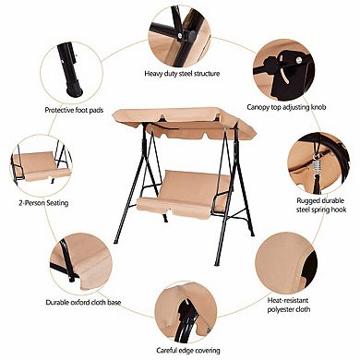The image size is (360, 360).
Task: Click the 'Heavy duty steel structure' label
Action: [182, 74]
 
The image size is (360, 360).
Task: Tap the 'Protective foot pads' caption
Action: [74, 110]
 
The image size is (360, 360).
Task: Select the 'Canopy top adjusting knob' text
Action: [286, 107]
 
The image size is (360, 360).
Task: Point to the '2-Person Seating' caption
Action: [43, 203]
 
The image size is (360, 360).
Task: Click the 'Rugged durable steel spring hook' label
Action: [321, 205]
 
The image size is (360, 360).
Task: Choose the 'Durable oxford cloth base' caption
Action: [83, 302]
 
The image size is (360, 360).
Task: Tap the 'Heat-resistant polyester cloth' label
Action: [288, 305]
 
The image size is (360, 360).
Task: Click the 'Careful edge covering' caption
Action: [188, 351]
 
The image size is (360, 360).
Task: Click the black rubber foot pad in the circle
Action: [75, 88]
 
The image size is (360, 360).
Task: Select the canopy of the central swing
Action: [185, 123]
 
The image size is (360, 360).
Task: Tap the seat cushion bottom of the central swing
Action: [174, 207]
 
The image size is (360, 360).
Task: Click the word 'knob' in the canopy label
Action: [318, 107]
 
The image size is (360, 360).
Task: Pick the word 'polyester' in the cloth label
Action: [281, 309]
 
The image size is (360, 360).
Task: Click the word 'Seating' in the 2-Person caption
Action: [56, 203]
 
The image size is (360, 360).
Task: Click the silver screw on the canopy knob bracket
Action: [298, 59]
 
